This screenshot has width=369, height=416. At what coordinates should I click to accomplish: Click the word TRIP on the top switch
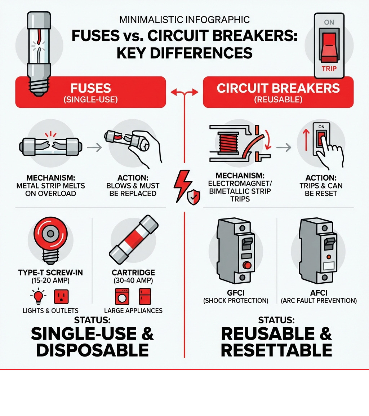(x=329, y=68)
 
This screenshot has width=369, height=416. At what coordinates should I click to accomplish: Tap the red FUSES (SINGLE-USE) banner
(x=90, y=93)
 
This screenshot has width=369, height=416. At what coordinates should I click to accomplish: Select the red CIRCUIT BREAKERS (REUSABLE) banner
(x=278, y=93)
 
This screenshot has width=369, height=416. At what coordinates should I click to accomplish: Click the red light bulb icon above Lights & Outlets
(x=38, y=296)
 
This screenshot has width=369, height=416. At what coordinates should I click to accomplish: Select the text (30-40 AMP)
(x=133, y=281)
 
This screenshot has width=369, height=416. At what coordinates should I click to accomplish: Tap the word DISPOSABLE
(x=92, y=350)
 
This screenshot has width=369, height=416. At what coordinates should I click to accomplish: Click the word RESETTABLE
(x=276, y=350)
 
